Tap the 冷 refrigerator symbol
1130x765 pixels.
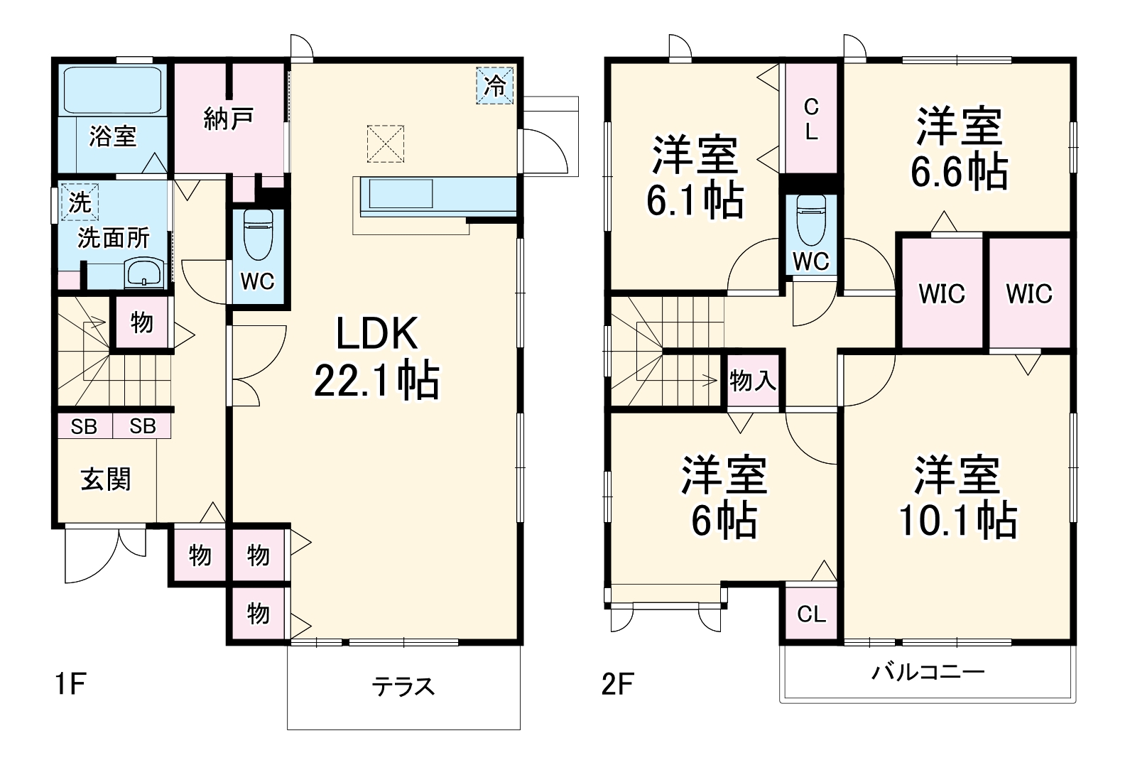pyautogui.click(x=495, y=85)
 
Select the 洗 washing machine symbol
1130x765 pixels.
pyautogui.click(x=79, y=202)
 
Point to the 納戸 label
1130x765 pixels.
pyautogui.click(x=228, y=119)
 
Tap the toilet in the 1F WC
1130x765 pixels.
pyautogui.click(x=257, y=234)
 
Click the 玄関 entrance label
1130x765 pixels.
pyautogui.click(x=106, y=479)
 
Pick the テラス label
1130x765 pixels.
pyautogui.click(x=403, y=686)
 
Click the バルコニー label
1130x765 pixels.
pyautogui.click(x=928, y=672)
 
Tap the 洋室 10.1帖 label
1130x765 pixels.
pyautogui.click(x=957, y=497)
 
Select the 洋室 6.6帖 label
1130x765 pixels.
pyautogui.click(x=959, y=148)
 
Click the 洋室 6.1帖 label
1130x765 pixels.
pyautogui.click(x=695, y=177)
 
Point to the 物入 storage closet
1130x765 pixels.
pyautogui.click(x=753, y=381)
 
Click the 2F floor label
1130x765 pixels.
pyautogui.click(x=617, y=685)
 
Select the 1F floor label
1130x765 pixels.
pyautogui.click(x=71, y=685)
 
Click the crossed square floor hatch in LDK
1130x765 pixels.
pyautogui.click(x=386, y=143)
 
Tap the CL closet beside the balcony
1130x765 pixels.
pyautogui.click(x=811, y=614)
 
